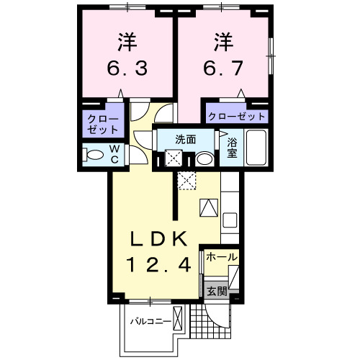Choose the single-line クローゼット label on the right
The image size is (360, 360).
[237, 116]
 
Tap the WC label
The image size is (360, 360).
[114, 154]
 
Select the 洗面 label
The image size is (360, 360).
[186, 140]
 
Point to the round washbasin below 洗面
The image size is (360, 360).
[204, 158]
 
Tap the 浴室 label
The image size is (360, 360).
[232, 147]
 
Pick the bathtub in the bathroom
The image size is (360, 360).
[257, 148]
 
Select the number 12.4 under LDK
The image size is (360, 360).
[159, 265]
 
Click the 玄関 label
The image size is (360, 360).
[217, 292]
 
